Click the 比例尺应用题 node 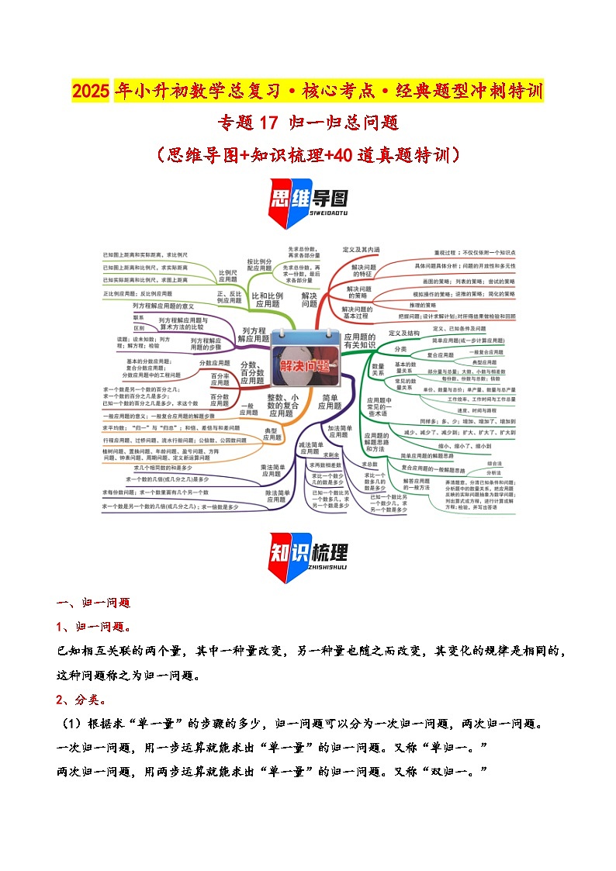click(227, 277)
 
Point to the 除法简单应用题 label click(275, 496)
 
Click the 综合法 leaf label click(493, 463)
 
